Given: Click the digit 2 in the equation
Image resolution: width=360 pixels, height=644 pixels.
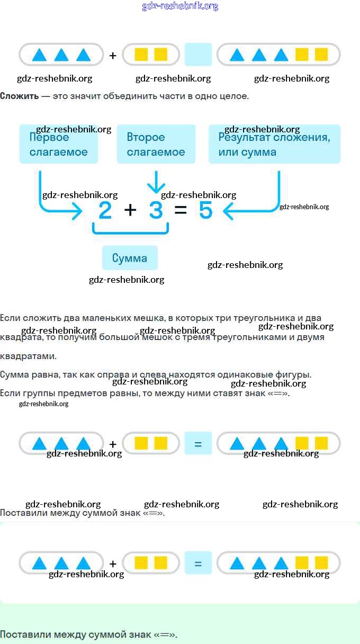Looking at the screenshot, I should click(105, 211).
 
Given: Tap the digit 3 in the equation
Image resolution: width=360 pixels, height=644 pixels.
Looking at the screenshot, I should click(156, 211).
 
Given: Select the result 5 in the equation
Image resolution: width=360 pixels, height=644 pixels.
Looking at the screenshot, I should click(205, 211).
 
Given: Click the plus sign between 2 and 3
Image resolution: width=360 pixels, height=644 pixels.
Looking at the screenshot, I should click(130, 210).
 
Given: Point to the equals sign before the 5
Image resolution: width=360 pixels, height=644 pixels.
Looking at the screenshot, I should click(181, 211).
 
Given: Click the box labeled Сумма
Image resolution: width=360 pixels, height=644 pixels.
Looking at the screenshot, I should click(130, 258).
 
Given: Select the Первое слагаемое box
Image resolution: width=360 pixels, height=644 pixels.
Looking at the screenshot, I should click(59, 144).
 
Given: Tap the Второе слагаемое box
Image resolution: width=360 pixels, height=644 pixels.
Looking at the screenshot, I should click(156, 144).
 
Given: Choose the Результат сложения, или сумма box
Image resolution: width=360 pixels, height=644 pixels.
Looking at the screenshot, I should click(274, 144).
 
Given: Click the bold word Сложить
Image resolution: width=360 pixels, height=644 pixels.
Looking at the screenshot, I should click(19, 96).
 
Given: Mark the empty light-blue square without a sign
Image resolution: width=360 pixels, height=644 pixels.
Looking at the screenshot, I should click(198, 55).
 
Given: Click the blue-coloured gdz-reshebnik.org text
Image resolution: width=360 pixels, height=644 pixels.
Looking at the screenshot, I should click(180, 6).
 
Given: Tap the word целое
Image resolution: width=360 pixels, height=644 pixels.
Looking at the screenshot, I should click(234, 96).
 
